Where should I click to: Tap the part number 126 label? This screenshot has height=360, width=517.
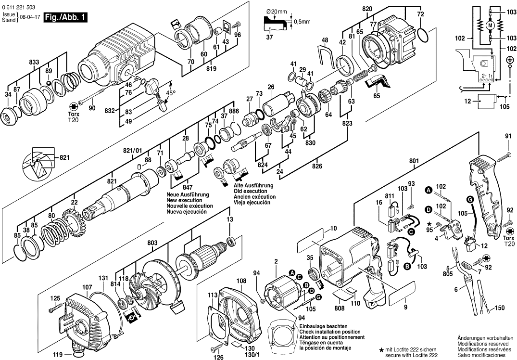click(219, 357)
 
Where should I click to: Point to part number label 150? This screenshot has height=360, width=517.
click(500, 308)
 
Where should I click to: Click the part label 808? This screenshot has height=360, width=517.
click(339, 308)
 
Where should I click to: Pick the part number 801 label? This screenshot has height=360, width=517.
click(414, 161)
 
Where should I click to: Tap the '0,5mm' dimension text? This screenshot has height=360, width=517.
click(302, 22)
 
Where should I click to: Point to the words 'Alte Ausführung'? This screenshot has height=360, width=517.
click(253, 186)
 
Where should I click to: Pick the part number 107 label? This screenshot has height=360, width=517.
click(87, 288)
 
